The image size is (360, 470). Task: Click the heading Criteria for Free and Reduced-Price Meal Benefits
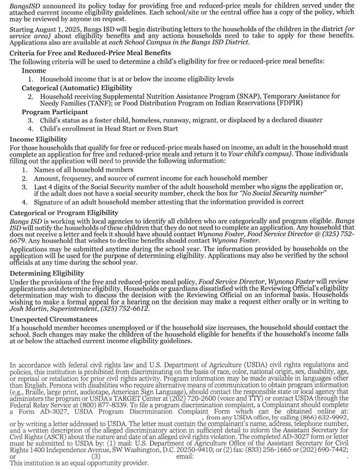click(90, 53)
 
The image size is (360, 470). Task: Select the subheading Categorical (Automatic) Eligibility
click(77, 88)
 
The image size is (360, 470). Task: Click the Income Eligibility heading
click(38, 139)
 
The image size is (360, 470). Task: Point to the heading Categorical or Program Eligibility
click(64, 213)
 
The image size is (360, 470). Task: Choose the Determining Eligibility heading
click(47, 273)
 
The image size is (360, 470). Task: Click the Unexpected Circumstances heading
click(53, 319)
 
